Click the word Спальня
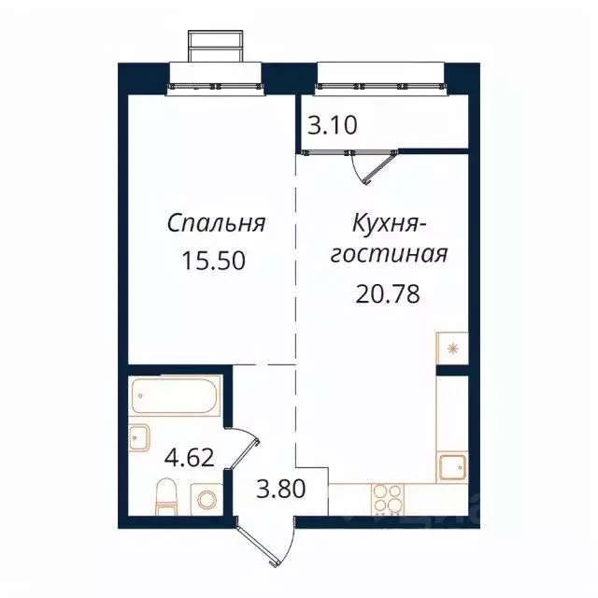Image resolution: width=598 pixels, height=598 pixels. [x=217, y=224]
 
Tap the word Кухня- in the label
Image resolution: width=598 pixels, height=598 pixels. [x=390, y=224]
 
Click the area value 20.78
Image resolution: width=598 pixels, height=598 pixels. [x=386, y=294]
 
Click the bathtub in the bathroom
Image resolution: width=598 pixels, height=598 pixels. [x=176, y=398]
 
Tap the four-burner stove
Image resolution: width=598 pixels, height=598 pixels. [x=385, y=499]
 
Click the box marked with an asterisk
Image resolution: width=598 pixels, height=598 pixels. [x=452, y=349]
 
